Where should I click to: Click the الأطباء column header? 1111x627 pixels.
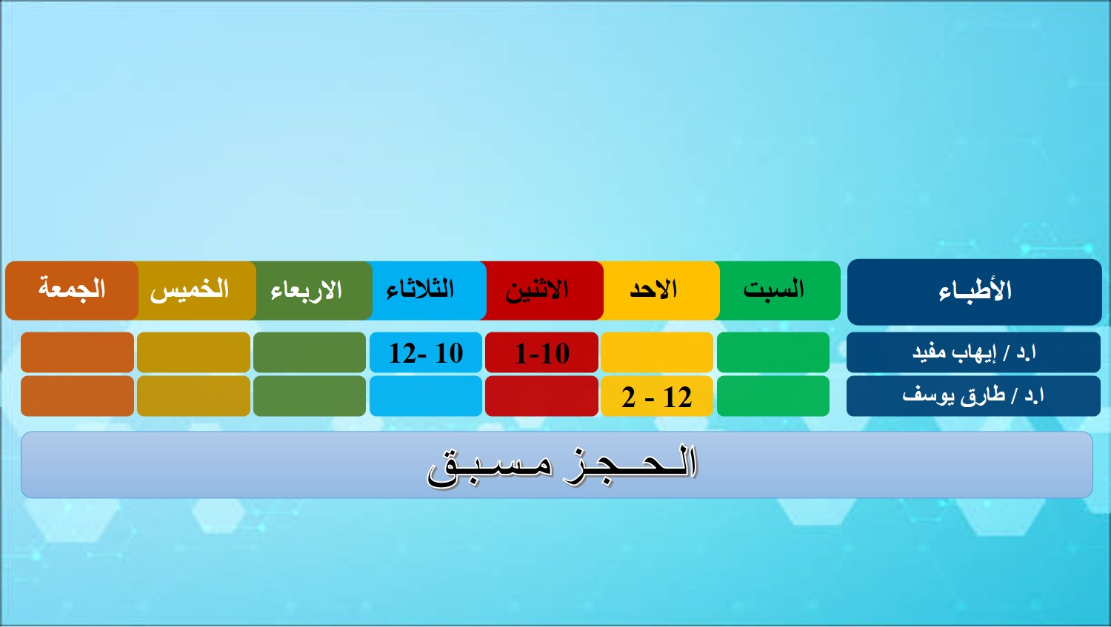(x=974, y=292)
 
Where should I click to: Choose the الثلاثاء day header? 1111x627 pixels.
(x=427, y=290)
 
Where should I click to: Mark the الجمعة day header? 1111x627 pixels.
(x=72, y=290)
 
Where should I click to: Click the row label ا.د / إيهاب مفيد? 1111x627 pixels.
(x=973, y=352)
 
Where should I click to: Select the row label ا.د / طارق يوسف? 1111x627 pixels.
(x=973, y=396)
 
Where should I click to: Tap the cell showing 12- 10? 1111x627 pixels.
(x=426, y=352)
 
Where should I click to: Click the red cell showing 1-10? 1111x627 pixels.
(x=541, y=352)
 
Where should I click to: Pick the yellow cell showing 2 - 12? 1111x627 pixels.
(x=657, y=396)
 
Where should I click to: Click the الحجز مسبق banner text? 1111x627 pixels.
(x=562, y=466)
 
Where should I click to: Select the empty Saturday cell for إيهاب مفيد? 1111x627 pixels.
(x=773, y=352)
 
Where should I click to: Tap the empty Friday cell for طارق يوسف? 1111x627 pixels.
(x=77, y=396)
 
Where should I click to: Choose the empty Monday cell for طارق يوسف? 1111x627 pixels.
(x=541, y=396)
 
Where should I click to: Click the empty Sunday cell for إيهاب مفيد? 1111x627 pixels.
(x=657, y=352)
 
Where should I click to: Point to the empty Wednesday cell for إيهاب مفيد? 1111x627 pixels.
(x=310, y=352)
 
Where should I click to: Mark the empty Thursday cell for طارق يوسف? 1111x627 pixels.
(x=193, y=396)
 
